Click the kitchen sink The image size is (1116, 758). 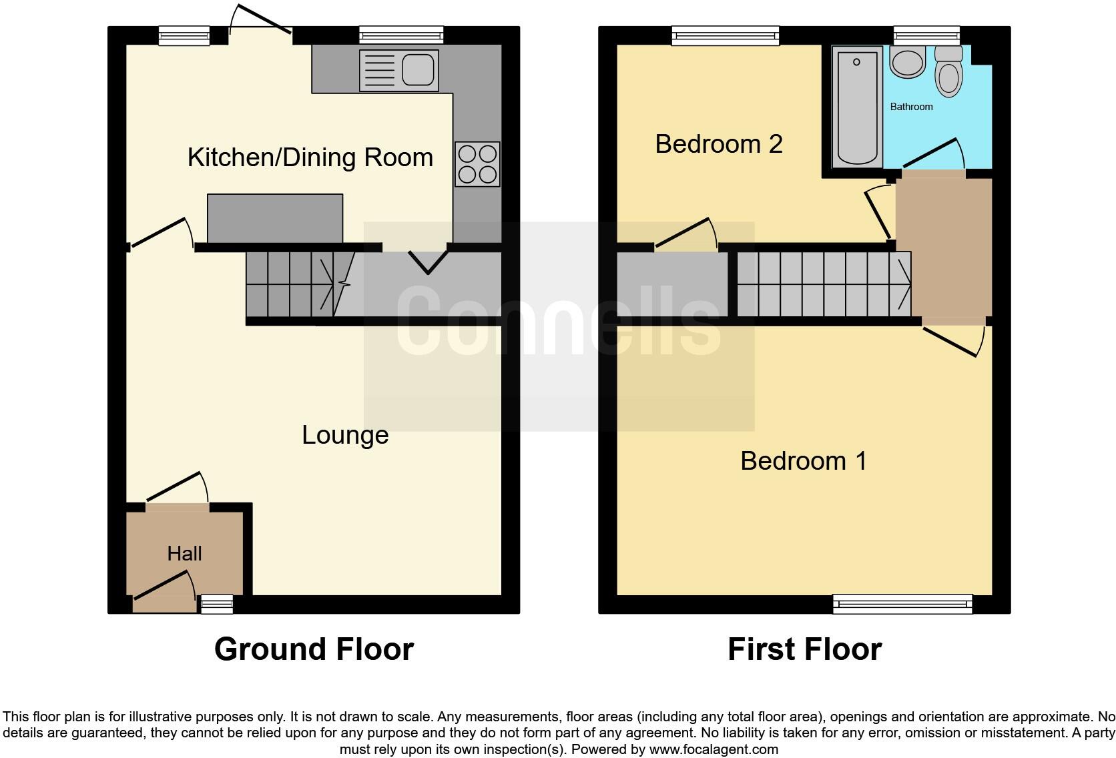click(398, 70)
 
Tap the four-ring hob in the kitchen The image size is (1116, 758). click(477, 164)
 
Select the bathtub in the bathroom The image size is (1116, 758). click(856, 107)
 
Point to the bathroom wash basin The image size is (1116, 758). click(907, 63)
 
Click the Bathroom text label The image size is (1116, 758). click(911, 107)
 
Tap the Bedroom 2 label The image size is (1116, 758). click(718, 144)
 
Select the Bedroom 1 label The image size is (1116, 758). click(803, 461)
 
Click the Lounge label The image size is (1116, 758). click(344, 435)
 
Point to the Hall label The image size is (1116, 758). click(184, 553)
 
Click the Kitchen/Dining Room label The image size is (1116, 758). click(310, 157)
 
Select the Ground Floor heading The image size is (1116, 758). click(314, 649)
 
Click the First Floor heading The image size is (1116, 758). click(804, 649)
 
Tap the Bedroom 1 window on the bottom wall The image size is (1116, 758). click(902, 605)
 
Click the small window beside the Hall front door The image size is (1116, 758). click(217, 605)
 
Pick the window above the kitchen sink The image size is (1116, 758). click(400, 35)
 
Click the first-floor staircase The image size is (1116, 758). click(824, 284)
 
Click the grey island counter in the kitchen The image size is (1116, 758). click(275, 218)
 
